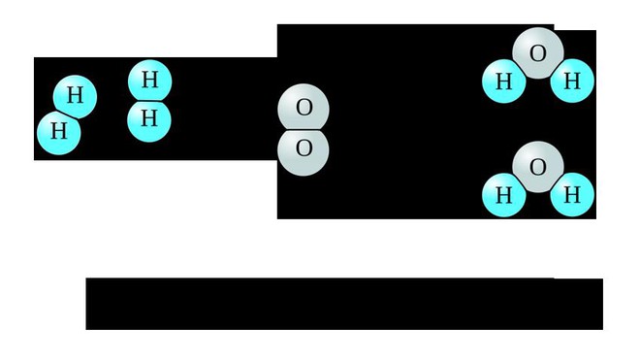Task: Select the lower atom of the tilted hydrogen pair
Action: (57, 131)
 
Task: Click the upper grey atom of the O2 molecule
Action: (304, 108)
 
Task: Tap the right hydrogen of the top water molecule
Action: (571, 82)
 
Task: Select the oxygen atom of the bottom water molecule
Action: (538, 166)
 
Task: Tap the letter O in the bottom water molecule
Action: (538, 166)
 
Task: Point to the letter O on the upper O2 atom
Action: (304, 108)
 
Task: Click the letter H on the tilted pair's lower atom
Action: (57, 131)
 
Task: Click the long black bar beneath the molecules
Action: (343, 304)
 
